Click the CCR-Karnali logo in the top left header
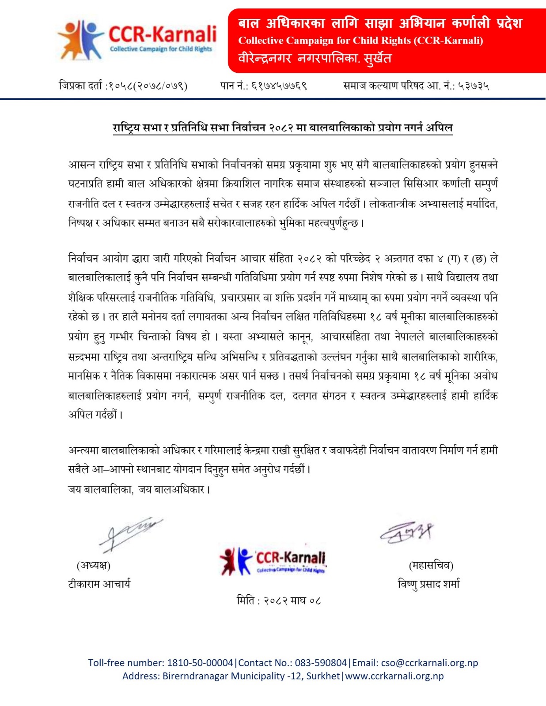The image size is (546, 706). coord(137,40)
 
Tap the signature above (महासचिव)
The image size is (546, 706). coord(407,532)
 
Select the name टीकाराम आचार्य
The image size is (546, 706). coord(99,584)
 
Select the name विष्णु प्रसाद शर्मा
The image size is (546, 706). coord(428,584)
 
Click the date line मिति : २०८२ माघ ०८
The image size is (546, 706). coord(278,601)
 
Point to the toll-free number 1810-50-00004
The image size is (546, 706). coord(200,663)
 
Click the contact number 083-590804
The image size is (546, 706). coord(321,663)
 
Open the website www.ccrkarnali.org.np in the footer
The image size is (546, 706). coord(394,676)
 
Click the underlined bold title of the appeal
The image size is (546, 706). coord(283,128)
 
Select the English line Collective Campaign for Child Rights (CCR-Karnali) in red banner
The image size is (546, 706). coord(360,41)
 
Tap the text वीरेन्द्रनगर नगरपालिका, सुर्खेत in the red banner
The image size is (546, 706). coord(315,58)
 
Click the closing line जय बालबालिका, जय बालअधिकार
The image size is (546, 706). coord(139,489)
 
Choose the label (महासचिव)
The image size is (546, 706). coord(431,565)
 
